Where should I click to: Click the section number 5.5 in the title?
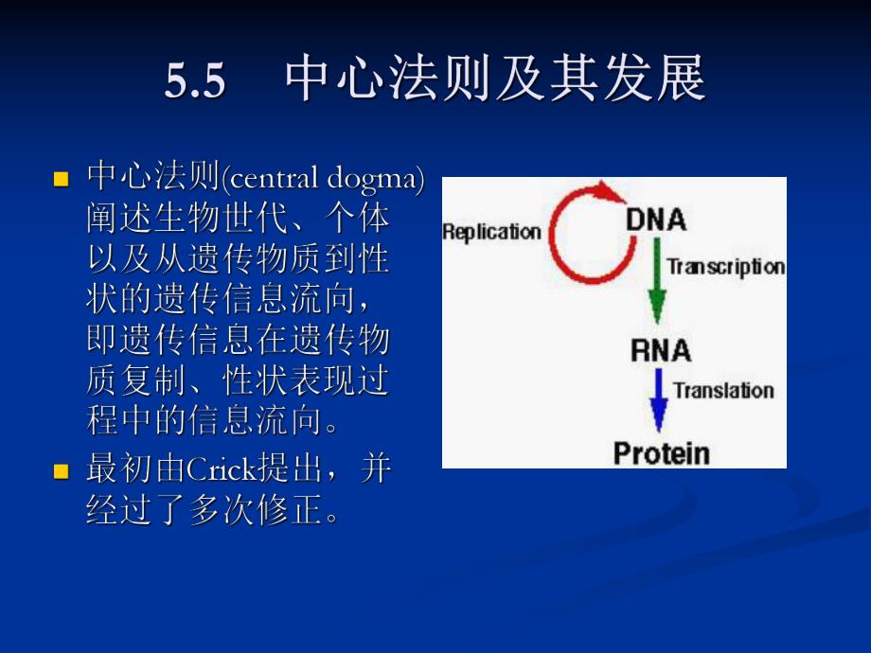click(x=196, y=82)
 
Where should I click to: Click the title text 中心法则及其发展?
click(x=495, y=80)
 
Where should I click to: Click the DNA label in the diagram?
click(x=656, y=220)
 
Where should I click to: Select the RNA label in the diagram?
click(x=660, y=351)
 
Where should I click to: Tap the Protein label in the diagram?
click(x=661, y=452)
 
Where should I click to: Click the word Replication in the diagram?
click(x=491, y=232)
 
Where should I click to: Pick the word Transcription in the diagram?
click(x=726, y=266)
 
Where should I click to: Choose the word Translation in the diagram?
click(x=724, y=390)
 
